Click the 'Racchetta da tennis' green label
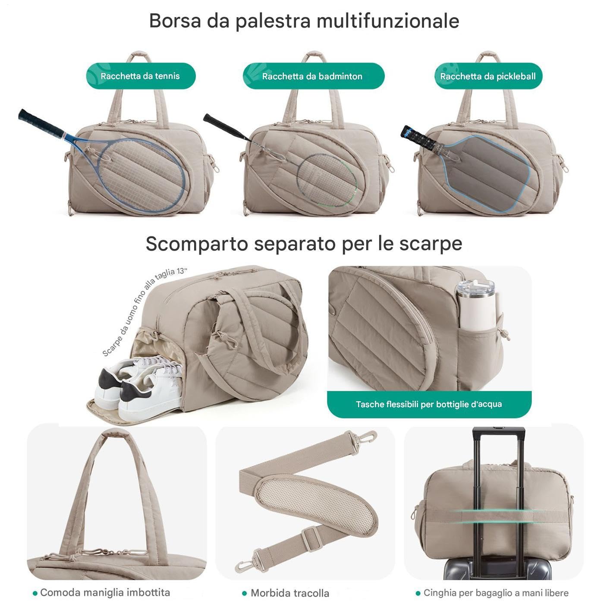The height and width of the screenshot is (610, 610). point(141,76)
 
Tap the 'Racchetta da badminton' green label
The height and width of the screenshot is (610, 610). point(313,76)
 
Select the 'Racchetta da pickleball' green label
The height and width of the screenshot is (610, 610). point(488,76)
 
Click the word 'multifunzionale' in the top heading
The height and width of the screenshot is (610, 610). point(388,21)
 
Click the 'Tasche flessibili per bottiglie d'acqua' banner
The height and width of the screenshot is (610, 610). point(429,404)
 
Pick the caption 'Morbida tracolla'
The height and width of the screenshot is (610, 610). point(289,593)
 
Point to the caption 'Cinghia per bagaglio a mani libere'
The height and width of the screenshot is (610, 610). point(496,593)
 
